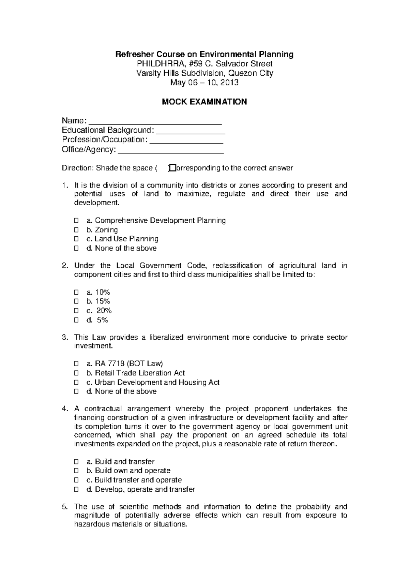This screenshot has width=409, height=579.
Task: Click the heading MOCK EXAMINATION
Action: (204, 102)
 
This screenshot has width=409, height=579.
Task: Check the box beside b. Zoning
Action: (76, 230)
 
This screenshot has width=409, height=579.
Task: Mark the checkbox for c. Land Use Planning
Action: (76, 239)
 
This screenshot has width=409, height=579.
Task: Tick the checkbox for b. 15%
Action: (76, 301)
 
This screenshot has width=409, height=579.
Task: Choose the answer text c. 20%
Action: (99, 311)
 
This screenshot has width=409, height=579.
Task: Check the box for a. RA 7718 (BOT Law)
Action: (76, 364)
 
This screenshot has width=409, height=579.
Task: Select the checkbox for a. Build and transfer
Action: (76, 462)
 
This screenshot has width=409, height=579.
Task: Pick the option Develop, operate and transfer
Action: (145, 490)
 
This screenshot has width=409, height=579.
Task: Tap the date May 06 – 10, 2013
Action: (204, 83)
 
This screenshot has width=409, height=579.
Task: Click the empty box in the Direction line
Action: (171, 168)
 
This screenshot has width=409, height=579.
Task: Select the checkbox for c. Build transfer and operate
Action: (76, 480)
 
